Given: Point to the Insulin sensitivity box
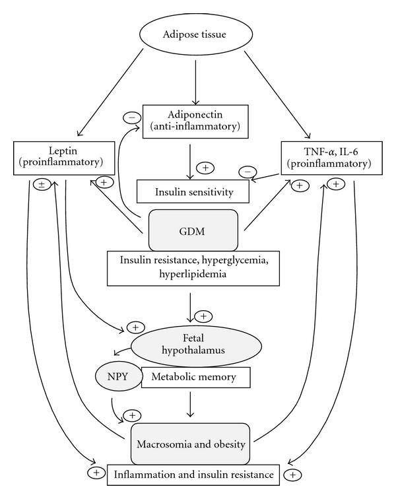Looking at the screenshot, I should click(x=192, y=192).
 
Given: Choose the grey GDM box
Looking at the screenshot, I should click(x=193, y=230).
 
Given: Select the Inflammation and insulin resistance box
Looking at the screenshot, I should click(x=193, y=474).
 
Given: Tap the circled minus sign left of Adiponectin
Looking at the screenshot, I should click(x=131, y=119).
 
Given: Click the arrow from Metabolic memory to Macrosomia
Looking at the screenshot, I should click(x=191, y=404).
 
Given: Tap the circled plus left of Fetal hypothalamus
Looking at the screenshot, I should click(x=135, y=327).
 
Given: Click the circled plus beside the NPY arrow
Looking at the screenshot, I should click(x=133, y=415).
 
